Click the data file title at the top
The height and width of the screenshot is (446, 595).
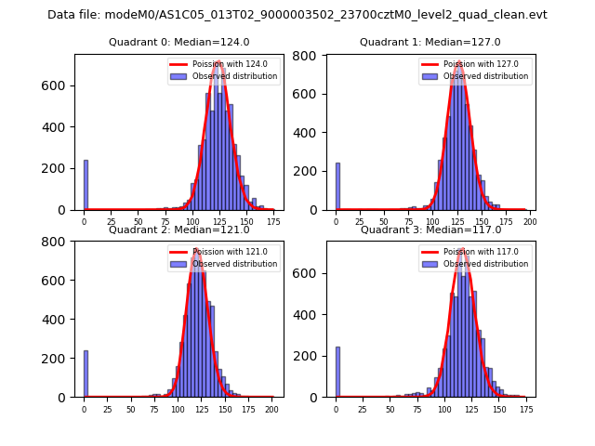297,15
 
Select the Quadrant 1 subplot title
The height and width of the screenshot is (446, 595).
430,42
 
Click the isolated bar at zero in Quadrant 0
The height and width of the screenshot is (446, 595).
86,186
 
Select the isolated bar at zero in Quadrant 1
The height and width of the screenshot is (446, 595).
337,187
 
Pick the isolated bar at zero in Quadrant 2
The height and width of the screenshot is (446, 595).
86,374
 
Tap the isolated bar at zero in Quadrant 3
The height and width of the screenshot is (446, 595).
337,373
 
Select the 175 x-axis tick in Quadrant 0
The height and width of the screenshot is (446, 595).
270,222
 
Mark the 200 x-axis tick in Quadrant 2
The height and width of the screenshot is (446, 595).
271,410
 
